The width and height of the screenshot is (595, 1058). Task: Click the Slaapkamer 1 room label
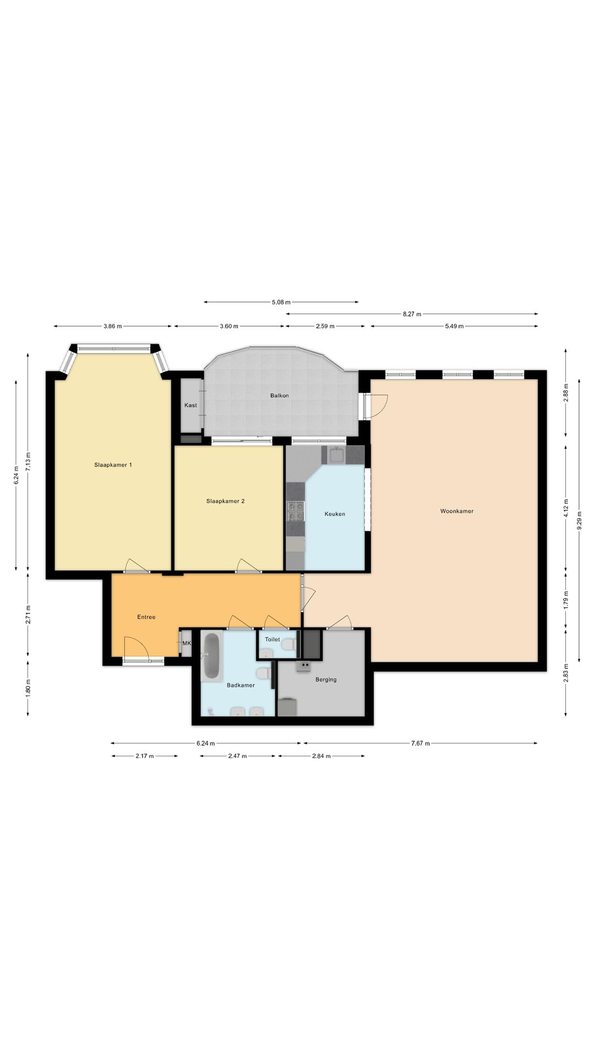[113, 465]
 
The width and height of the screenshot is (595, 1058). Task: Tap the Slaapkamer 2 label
[225, 501]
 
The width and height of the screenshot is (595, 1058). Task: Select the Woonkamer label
[457, 511]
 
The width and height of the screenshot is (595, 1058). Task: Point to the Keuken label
[335, 514]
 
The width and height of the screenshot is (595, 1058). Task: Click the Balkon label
[279, 396]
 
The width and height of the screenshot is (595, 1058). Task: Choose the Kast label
[191, 406]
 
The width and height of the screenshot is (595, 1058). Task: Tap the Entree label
[146, 617]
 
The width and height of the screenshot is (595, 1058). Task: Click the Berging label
[326, 680]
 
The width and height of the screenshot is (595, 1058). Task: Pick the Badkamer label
[241, 685]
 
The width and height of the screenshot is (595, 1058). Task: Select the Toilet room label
[272, 640]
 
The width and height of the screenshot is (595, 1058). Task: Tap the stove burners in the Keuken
[296, 511]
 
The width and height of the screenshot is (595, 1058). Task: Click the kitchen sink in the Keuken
[337, 456]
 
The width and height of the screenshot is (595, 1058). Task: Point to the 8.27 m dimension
[412, 314]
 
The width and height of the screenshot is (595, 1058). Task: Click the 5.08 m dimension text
[281, 302]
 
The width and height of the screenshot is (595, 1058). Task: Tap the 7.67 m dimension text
[420, 743]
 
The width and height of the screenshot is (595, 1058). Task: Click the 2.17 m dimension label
[145, 756]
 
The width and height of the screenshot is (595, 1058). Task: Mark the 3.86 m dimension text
[113, 326]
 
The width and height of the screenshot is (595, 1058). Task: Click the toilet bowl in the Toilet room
[292, 644]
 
